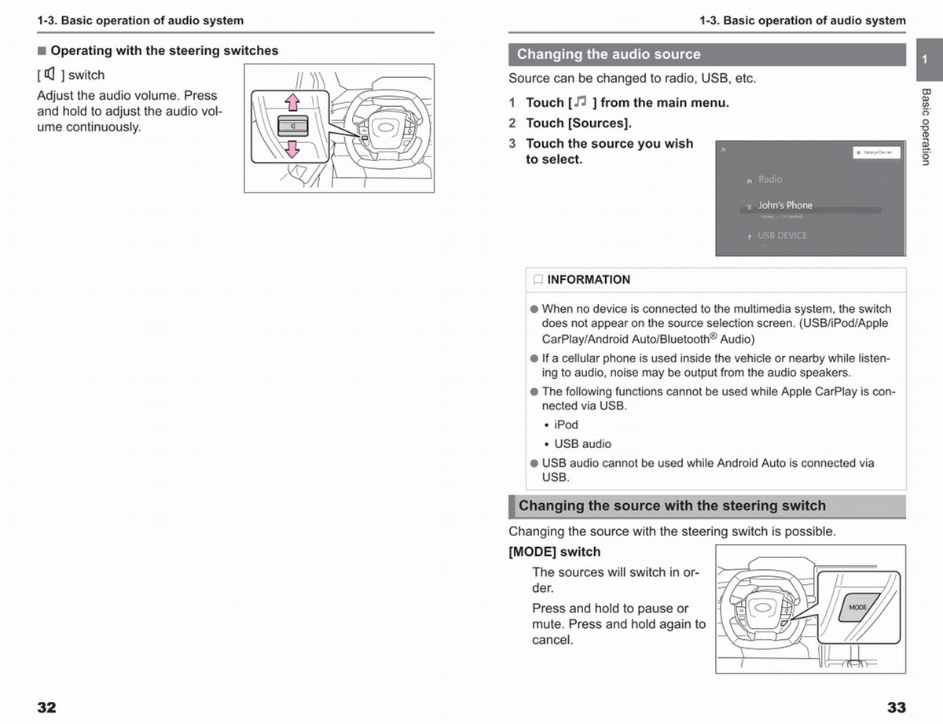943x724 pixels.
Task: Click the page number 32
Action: pyautogui.click(x=46, y=707)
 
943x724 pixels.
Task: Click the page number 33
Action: pyautogui.click(x=896, y=707)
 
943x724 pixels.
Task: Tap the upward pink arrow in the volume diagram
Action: pyautogui.click(x=292, y=101)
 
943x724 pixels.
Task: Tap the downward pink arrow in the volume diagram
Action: pyautogui.click(x=292, y=149)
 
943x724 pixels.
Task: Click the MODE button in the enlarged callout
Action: pyautogui.click(x=858, y=607)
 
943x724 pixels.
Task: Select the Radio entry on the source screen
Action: pyautogui.click(x=769, y=179)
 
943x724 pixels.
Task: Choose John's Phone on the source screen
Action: pyautogui.click(x=784, y=205)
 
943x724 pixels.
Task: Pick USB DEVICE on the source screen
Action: pyautogui.click(x=781, y=235)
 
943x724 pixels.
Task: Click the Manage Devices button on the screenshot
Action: pyautogui.click(x=876, y=153)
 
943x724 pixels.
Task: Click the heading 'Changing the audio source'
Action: pyautogui.click(x=608, y=54)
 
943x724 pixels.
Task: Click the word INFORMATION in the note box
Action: pyautogui.click(x=589, y=280)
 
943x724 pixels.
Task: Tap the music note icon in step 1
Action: pyautogui.click(x=580, y=102)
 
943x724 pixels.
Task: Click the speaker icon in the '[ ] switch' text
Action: pyautogui.click(x=50, y=75)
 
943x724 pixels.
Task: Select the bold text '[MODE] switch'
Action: pyautogui.click(x=554, y=552)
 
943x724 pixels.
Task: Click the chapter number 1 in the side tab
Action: pyautogui.click(x=925, y=60)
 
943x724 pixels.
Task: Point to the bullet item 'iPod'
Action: pyautogui.click(x=566, y=424)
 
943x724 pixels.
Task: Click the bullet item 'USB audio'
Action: pyautogui.click(x=582, y=444)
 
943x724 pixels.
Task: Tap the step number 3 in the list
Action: pyautogui.click(x=512, y=143)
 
